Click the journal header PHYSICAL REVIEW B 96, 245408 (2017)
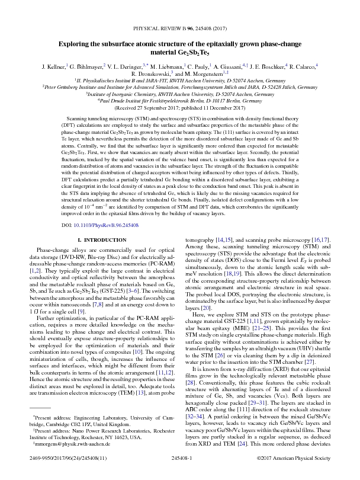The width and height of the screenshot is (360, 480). pyautogui.click(x=179, y=28)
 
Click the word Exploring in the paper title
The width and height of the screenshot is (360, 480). pyautogui.click(x=77, y=43)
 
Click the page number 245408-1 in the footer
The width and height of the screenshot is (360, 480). pyautogui.click(x=179, y=466)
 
